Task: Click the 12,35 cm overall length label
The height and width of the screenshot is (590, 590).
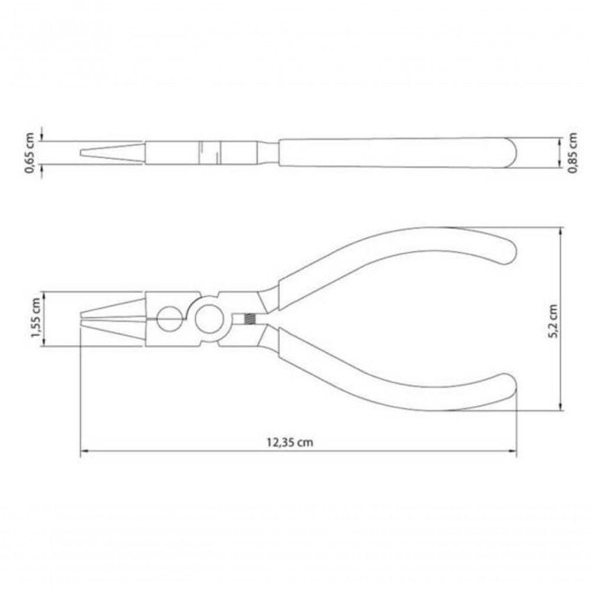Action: coord(289,442)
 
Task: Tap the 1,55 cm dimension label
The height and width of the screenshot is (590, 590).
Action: coord(36,320)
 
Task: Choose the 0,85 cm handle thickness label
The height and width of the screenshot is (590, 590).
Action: coord(572,153)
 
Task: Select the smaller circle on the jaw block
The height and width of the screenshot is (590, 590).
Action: coord(170,319)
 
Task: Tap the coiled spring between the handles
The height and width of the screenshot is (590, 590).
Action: coord(249,319)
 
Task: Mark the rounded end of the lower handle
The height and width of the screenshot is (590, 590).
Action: coord(507,391)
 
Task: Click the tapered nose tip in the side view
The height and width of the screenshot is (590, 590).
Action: coord(81,153)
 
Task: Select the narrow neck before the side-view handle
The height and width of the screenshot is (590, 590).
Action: coord(268,153)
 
